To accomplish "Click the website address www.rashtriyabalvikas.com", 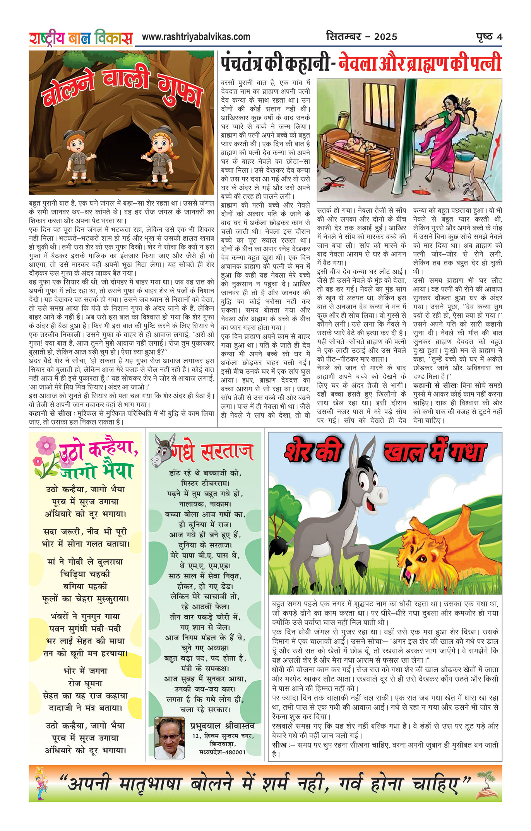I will (196, 37).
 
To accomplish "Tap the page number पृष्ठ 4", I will (489, 37).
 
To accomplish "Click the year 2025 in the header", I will (385, 37).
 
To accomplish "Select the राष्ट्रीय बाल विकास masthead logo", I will (81, 38).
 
